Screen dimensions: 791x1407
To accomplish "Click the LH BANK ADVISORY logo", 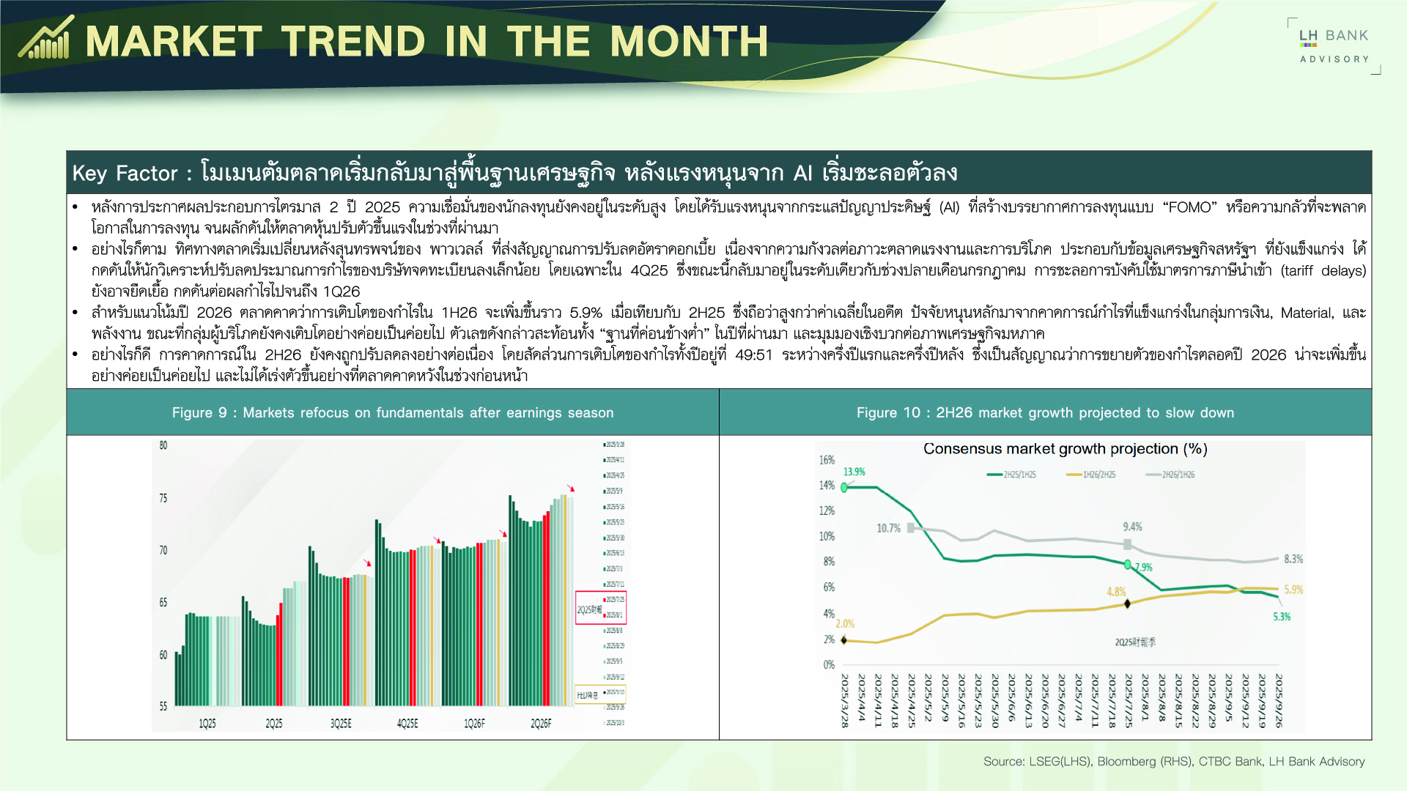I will click(1334, 45).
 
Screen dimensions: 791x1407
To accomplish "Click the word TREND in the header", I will click(353, 41).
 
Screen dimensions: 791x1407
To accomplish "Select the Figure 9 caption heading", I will click(393, 412).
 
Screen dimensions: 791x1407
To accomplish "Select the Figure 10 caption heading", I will click(1045, 412).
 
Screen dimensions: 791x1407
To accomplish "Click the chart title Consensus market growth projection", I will click(1065, 448).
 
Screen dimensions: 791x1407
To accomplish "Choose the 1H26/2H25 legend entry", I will click(1091, 475).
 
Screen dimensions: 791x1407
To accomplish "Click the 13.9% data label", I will click(854, 472).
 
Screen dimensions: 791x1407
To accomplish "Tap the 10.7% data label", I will click(888, 528).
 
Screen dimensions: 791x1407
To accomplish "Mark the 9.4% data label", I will click(1132, 527).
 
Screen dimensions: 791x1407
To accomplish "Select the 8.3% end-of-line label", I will click(1293, 559).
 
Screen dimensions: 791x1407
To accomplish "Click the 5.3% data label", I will click(1282, 617).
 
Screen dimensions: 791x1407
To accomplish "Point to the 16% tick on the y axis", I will click(827, 460).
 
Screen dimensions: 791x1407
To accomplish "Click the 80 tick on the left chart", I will click(163, 445).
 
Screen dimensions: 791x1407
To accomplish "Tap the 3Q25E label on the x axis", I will click(341, 724).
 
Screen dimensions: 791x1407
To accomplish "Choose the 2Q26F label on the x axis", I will click(541, 724).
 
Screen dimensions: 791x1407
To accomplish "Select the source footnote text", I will click(1174, 762).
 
